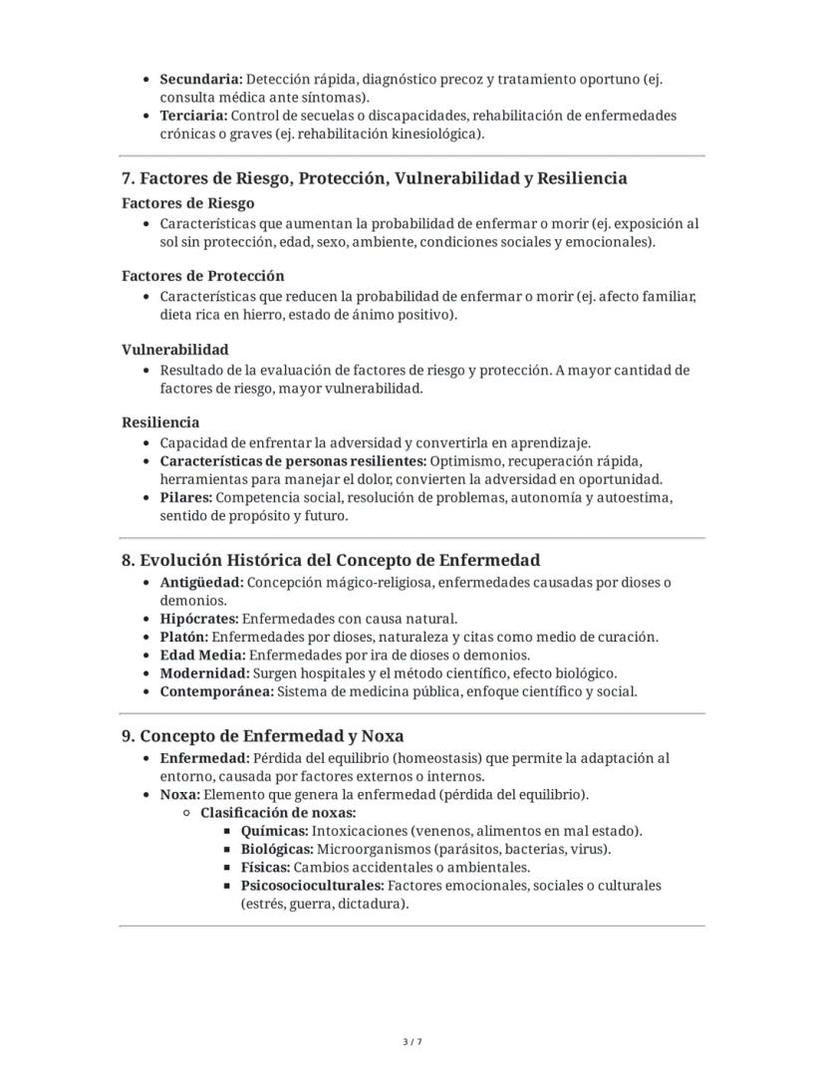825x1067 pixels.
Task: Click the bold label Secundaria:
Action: [x=200, y=79]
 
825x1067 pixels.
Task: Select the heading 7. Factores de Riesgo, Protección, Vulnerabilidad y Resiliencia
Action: [x=374, y=178]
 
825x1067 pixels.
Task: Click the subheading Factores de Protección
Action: [x=202, y=276]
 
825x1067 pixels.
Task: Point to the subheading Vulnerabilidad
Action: [x=174, y=350]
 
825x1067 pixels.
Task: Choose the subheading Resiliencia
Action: [x=160, y=422]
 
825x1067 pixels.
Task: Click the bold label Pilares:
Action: [x=185, y=497]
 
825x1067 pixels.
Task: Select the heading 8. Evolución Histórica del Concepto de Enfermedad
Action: [x=331, y=560]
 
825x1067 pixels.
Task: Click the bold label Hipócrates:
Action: [x=199, y=619]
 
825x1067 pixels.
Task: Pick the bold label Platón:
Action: [x=183, y=637]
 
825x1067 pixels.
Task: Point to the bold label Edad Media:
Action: [x=202, y=656]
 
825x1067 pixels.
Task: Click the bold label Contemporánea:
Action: [x=215, y=691]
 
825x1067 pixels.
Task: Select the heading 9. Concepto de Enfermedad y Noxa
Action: [x=262, y=736]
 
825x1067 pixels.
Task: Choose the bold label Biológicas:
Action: [x=277, y=849]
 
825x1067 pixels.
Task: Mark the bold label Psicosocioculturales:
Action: [x=312, y=886]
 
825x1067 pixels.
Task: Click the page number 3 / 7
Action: [x=412, y=1042]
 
